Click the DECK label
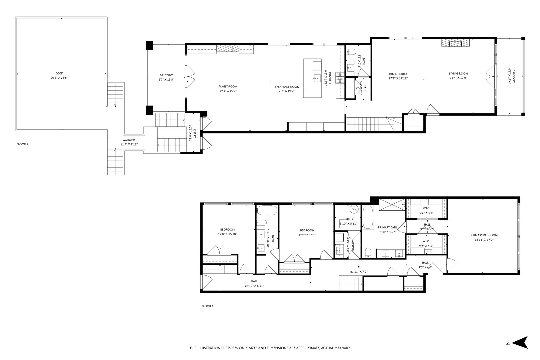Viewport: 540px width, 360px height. pos(59,73)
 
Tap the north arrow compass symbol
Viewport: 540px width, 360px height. pos(520,352)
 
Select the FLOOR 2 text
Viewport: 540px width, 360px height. pos(22,144)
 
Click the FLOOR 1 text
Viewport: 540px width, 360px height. pos(207,306)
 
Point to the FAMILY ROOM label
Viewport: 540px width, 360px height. pos(228,86)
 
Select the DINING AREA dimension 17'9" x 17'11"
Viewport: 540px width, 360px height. pos(398,78)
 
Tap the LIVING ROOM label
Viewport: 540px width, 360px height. pos(458,74)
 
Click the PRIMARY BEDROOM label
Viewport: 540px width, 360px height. pos(484,235)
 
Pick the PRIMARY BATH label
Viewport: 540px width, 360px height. pos(387,227)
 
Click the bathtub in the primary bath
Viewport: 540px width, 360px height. pos(368,218)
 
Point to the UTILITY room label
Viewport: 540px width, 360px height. pos(348,219)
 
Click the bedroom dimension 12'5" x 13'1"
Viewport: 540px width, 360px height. pos(307,235)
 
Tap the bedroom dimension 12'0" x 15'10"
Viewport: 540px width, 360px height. pos(227,234)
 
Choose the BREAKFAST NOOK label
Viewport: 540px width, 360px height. pos(287,86)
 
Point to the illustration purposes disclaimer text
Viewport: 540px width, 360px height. pos(270,348)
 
